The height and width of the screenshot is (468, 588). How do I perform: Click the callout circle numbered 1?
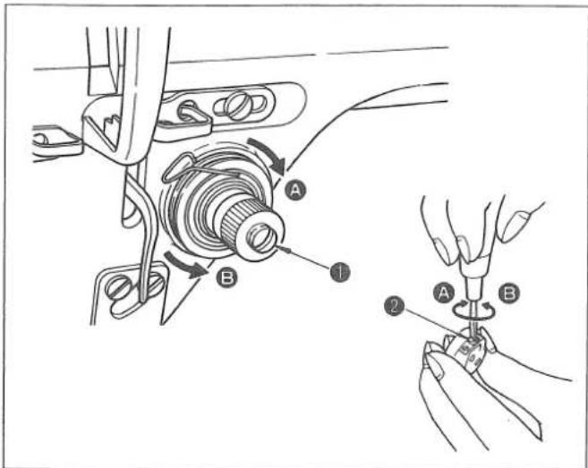pyautogui.click(x=340, y=272)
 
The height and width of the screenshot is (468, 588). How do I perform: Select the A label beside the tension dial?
pyautogui.click(x=295, y=191)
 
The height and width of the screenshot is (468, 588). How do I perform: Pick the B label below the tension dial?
pyautogui.click(x=226, y=277)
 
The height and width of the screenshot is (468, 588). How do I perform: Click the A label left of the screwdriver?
pyautogui.click(x=444, y=293)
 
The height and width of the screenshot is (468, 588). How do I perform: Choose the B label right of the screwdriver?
pyautogui.click(x=509, y=293)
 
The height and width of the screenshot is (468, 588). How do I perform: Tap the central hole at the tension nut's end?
pyautogui.click(x=262, y=239)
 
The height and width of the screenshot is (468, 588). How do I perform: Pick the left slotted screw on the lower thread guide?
pyautogui.click(x=118, y=288)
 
